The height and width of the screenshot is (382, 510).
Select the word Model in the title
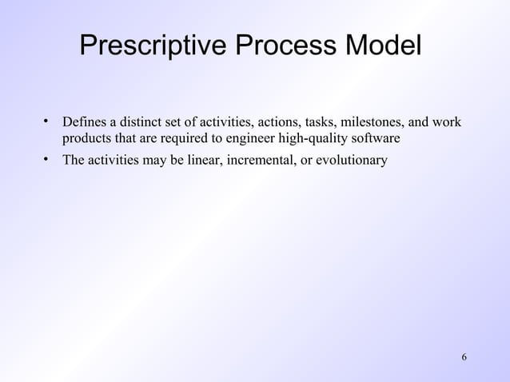pos(381,46)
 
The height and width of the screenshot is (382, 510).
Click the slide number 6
pos(464,355)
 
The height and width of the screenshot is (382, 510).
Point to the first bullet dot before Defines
pos(47,122)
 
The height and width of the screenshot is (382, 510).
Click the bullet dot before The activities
pos(47,160)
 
